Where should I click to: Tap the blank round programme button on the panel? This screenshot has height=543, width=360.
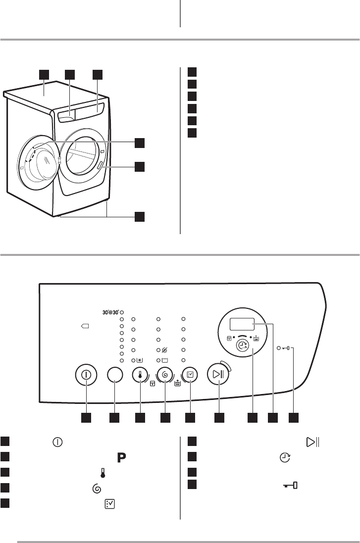coord(115,375)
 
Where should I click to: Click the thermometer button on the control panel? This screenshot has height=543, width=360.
coord(140,375)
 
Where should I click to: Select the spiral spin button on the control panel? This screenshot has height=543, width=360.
coord(165,375)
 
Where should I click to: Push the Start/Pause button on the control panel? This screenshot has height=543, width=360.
coord(217,374)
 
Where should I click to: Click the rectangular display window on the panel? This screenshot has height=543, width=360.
coord(242,325)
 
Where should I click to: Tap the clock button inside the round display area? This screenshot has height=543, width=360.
coord(244,345)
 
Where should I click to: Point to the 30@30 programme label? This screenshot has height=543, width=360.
coord(110,312)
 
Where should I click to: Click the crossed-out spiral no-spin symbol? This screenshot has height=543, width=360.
coord(164,350)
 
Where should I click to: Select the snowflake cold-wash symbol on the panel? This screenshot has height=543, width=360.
coord(139,360)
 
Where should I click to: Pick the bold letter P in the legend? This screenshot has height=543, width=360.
coord(121,457)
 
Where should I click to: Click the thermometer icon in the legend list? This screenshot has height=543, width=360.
coord(103,473)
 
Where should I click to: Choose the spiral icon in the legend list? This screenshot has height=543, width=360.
coord(97,489)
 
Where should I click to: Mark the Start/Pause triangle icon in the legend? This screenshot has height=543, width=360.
coord(313,442)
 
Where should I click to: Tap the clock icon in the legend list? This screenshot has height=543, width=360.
coord(285,457)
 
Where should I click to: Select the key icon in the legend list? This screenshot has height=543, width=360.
coord(290,486)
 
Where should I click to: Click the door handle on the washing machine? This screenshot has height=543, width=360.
coord(100,166)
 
